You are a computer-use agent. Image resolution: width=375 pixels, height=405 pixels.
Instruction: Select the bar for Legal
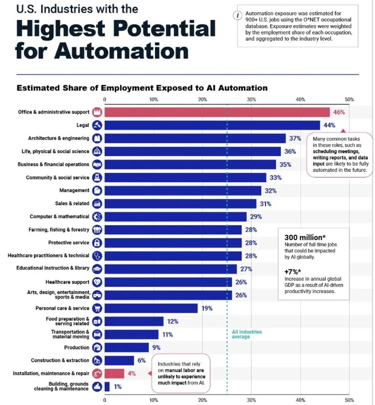pyautogui.click(x=212, y=125)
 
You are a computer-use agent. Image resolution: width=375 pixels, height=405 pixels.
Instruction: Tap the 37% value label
pyautogui.click(x=295, y=138)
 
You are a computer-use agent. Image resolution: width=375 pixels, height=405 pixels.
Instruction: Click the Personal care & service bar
pyautogui.click(x=151, y=308)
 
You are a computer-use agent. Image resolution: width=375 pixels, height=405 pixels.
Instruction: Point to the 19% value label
pyautogui.click(x=207, y=308)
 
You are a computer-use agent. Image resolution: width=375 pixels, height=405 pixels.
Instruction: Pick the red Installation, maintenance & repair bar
pyautogui.click(x=114, y=373)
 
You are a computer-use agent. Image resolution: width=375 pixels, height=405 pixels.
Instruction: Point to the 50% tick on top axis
pyautogui.click(x=349, y=99)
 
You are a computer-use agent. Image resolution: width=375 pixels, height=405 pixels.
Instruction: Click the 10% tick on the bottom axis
pyautogui.click(x=154, y=399)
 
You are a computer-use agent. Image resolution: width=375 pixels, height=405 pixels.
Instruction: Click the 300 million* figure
pyautogui.click(x=304, y=237)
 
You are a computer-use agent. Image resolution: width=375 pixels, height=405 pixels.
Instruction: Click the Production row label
pyautogui.click(x=77, y=347)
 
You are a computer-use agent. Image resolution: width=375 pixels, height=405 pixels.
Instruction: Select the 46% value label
pyautogui.click(x=339, y=112)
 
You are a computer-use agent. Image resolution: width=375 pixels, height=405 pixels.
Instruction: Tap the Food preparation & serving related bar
pyautogui.click(x=134, y=321)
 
